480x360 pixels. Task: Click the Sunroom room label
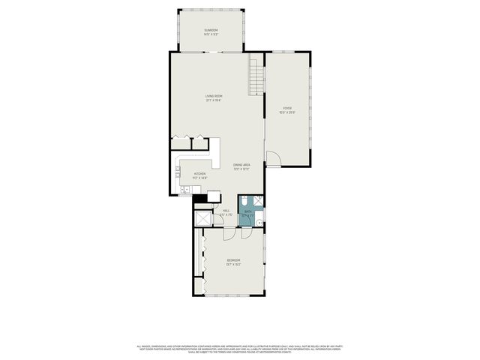(211, 30)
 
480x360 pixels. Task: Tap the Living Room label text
(214, 96)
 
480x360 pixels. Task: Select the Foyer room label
(287, 109)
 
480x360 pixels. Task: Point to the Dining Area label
(241, 164)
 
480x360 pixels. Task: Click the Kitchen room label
(199, 173)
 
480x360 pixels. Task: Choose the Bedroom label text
(233, 260)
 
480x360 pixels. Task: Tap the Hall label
(226, 211)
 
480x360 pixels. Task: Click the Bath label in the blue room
(247, 211)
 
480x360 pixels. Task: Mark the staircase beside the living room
(257, 77)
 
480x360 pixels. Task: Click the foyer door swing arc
(274, 157)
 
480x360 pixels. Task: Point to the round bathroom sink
(258, 221)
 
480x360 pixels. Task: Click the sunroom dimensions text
(211, 34)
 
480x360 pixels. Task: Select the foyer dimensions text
(287, 113)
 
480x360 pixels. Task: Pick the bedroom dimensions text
(233, 265)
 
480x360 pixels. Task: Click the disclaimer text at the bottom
(240, 349)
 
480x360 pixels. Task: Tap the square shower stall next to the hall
(202, 218)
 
